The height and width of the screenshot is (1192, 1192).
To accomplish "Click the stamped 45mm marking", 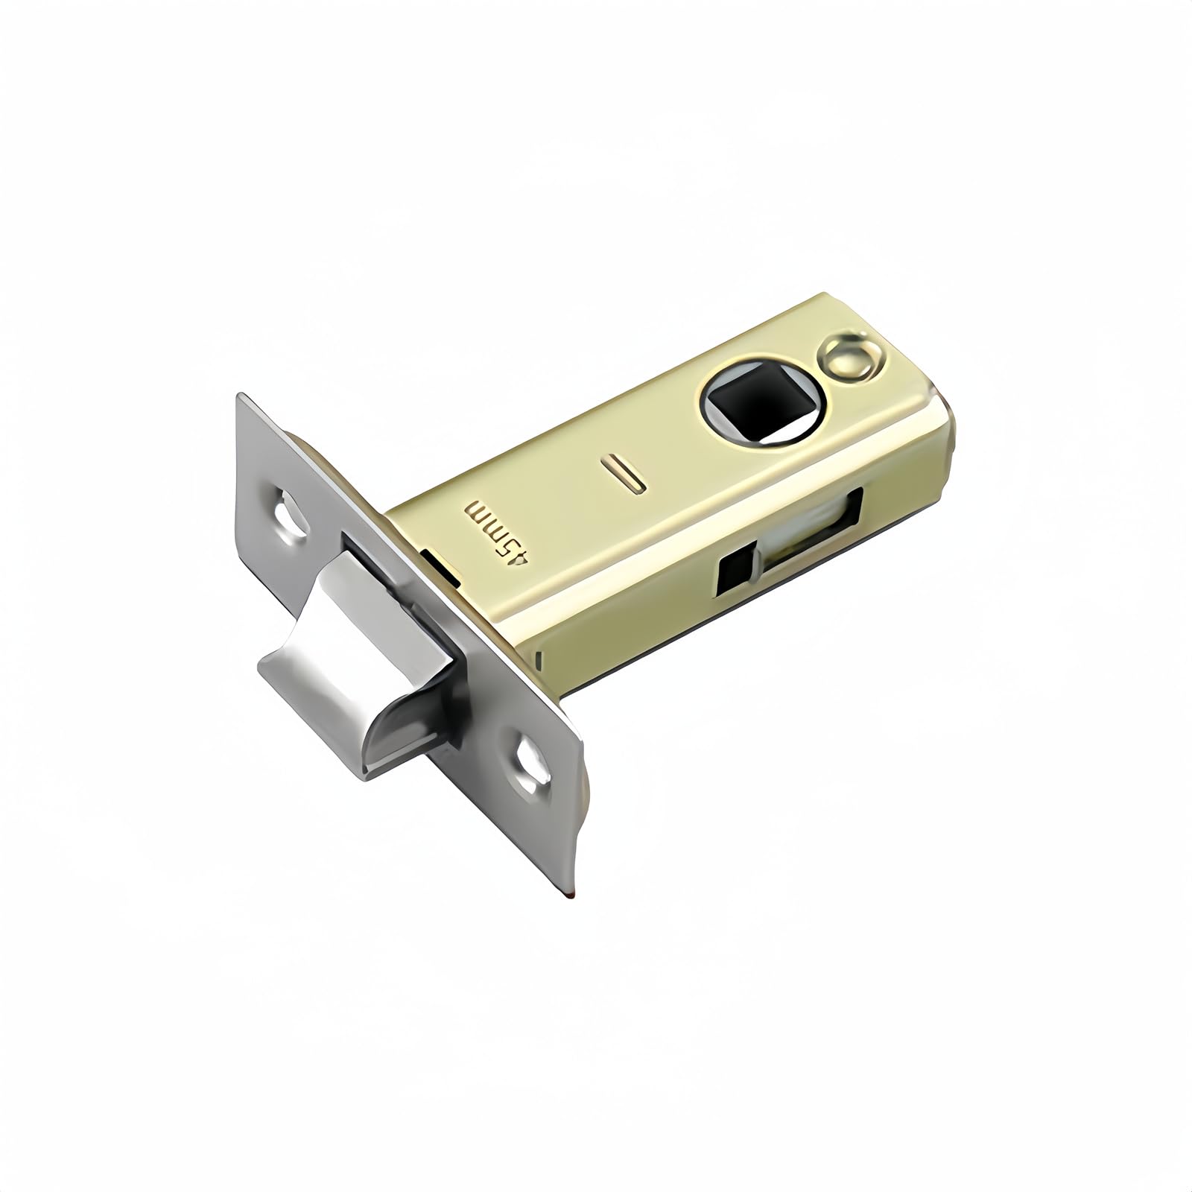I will pos(497,530).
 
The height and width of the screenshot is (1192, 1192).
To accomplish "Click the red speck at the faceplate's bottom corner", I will pos(568,892).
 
